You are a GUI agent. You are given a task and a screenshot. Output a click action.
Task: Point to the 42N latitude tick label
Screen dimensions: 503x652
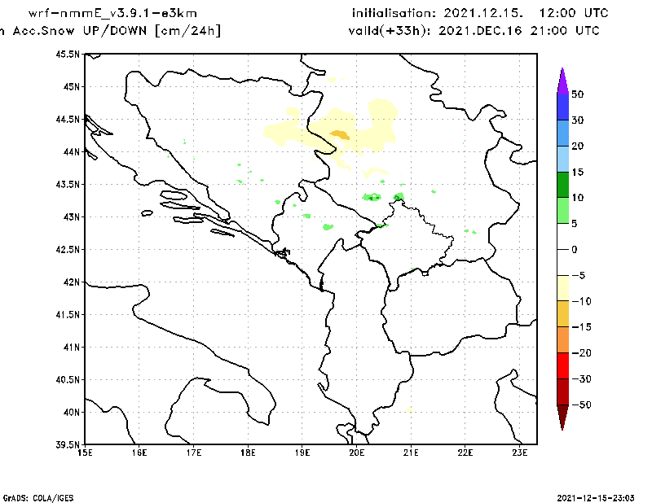click(x=72, y=282)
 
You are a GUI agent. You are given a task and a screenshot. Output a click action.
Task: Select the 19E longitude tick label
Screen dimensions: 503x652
click(x=303, y=453)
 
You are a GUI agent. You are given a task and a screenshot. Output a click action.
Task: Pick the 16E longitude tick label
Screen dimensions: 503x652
click(x=139, y=453)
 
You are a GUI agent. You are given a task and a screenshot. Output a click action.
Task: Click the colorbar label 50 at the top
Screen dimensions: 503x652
click(x=577, y=94)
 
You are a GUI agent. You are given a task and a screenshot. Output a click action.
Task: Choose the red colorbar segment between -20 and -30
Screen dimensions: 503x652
click(x=562, y=366)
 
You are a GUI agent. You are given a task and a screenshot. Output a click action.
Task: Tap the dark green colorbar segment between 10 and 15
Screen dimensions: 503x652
click(x=562, y=185)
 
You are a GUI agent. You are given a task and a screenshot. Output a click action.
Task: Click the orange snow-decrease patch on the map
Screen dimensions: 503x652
click(x=340, y=135)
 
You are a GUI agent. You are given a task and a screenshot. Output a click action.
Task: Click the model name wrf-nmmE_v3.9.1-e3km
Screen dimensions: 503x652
click(x=112, y=13)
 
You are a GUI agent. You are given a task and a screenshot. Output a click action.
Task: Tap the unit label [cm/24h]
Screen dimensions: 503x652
click(x=187, y=31)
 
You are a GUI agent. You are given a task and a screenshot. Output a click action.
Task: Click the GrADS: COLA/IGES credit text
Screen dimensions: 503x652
click(x=32, y=496)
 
